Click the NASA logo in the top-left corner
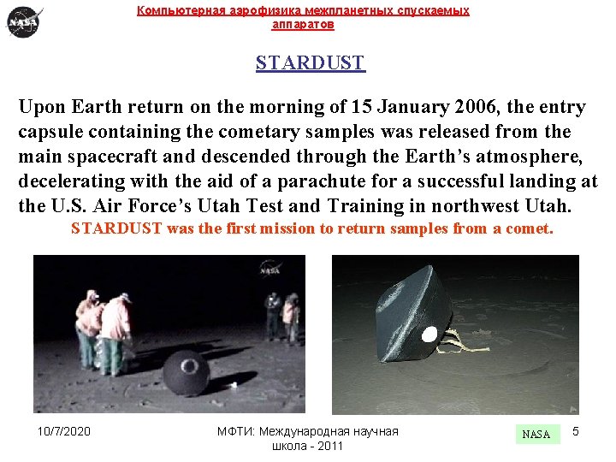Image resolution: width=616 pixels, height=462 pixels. pyautogui.click(x=24, y=21)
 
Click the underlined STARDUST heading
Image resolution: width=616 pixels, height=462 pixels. pyautogui.click(x=310, y=63)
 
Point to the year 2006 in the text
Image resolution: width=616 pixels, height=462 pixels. pyautogui.click(x=484, y=107)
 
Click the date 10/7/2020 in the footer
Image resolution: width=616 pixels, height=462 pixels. pyautogui.click(x=65, y=431)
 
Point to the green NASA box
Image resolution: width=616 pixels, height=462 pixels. pyautogui.click(x=536, y=434)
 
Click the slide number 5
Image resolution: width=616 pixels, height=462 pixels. pyautogui.click(x=576, y=431)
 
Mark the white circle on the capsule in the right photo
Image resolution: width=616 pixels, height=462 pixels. pyautogui.click(x=429, y=334)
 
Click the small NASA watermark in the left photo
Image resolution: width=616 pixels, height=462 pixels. pyautogui.click(x=269, y=273)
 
